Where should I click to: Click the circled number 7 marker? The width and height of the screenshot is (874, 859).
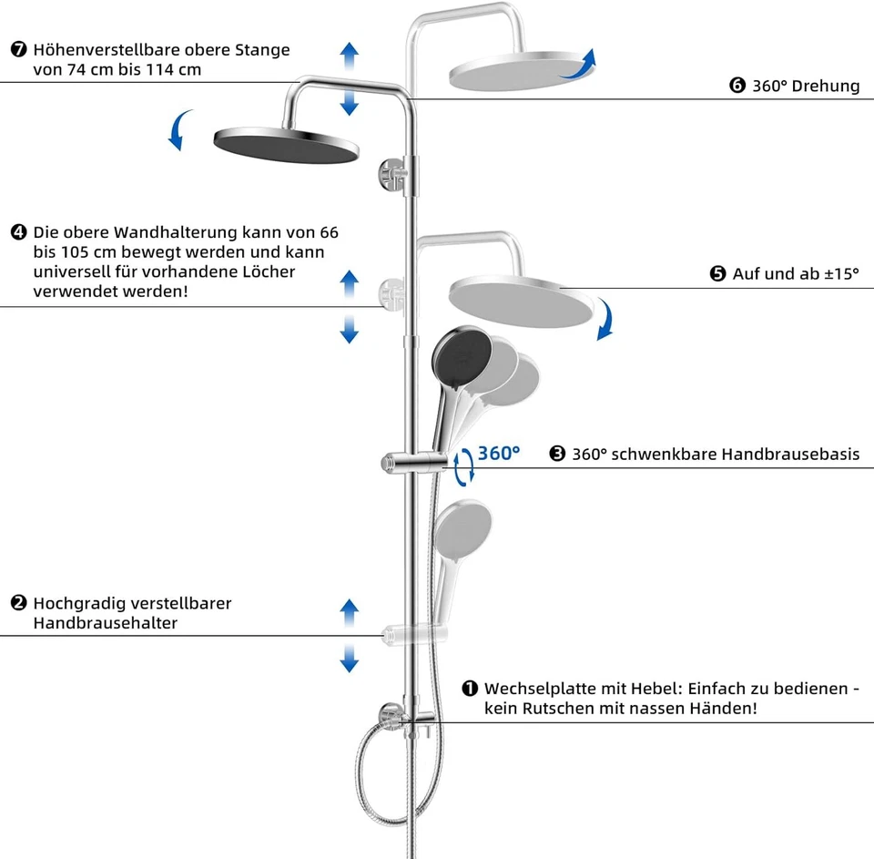click(19, 49)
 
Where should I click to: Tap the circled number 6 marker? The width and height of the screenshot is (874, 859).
click(737, 86)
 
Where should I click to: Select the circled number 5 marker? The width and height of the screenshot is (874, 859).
click(718, 273)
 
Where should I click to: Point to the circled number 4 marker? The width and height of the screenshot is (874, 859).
click(19, 232)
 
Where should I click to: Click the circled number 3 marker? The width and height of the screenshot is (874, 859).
click(557, 454)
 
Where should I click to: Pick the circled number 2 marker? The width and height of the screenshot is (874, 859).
click(19, 603)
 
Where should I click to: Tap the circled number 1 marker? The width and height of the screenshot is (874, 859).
click(470, 689)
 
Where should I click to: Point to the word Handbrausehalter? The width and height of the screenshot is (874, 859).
click(105, 623)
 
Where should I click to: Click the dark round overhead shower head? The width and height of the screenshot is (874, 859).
click(286, 144)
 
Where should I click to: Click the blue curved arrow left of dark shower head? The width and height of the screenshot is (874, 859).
click(180, 130)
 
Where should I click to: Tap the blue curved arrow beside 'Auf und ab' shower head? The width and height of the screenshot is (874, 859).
click(605, 321)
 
